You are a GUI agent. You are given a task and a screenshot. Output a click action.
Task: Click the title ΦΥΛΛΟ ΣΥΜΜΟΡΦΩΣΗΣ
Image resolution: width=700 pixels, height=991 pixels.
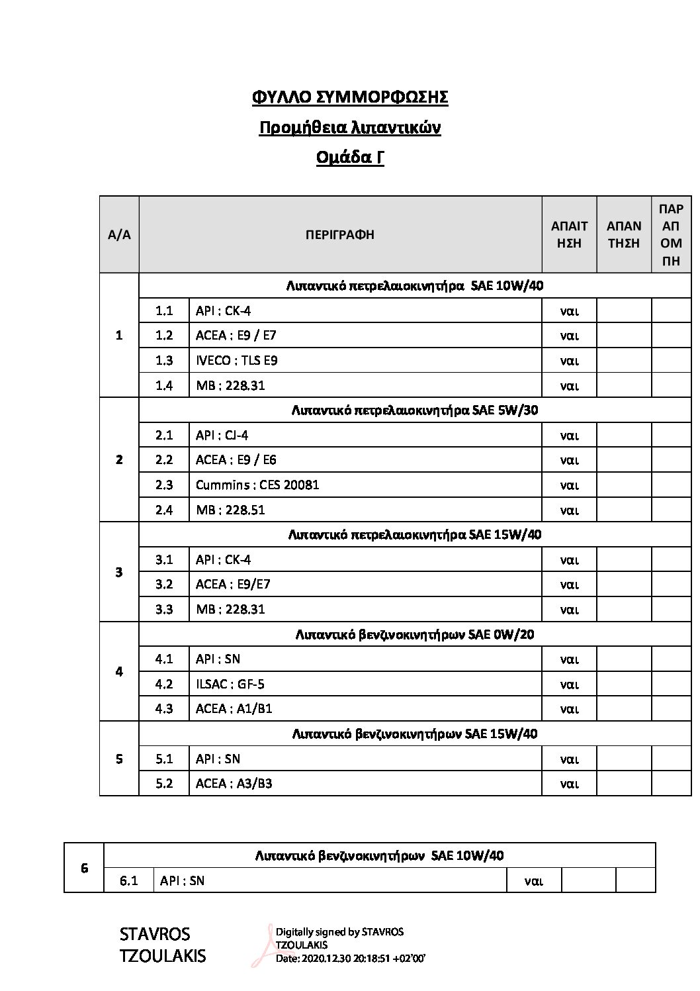(x=350, y=97)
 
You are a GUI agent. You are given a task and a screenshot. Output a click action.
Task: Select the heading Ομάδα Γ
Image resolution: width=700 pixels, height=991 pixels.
(x=350, y=158)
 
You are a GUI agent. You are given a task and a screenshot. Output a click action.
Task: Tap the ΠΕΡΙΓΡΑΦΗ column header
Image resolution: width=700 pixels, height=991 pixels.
(x=340, y=234)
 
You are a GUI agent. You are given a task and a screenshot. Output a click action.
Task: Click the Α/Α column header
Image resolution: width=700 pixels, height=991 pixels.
(x=119, y=234)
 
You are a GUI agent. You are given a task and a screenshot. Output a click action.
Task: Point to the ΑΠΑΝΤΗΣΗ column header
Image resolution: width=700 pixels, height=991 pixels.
(x=623, y=234)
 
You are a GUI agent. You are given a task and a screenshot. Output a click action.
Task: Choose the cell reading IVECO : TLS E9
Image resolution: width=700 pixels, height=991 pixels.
(x=237, y=360)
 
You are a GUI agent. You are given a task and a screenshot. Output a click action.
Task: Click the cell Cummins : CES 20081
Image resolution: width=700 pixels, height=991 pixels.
(x=257, y=485)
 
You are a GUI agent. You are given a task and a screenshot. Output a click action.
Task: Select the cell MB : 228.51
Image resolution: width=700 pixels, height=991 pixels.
(x=230, y=510)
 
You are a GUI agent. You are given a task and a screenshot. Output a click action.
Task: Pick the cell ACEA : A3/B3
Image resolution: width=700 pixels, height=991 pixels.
(x=234, y=783)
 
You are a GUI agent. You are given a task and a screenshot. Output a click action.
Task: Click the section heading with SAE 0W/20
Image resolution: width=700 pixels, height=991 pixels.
(x=415, y=634)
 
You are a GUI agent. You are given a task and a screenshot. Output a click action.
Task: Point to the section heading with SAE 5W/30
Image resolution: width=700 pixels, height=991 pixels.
(x=415, y=410)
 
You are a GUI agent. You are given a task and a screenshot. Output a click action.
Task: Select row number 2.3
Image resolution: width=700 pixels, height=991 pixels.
(x=164, y=485)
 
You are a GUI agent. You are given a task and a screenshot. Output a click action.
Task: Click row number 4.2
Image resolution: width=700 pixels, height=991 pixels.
(x=164, y=684)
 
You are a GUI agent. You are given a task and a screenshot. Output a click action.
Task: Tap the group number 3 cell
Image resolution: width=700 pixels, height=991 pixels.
(x=119, y=572)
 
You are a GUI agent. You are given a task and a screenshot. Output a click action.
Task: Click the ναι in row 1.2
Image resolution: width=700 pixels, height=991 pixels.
(x=569, y=336)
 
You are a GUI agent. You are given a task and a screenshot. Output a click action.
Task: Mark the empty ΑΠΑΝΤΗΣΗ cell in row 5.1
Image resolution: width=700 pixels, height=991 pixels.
(x=624, y=759)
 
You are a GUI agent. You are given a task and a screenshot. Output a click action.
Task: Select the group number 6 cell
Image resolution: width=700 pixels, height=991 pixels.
(x=84, y=868)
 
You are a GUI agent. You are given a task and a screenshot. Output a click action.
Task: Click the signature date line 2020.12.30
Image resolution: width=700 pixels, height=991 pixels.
(x=350, y=958)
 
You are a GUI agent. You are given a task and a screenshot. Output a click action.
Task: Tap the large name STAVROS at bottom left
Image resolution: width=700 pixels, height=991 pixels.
(x=155, y=934)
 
